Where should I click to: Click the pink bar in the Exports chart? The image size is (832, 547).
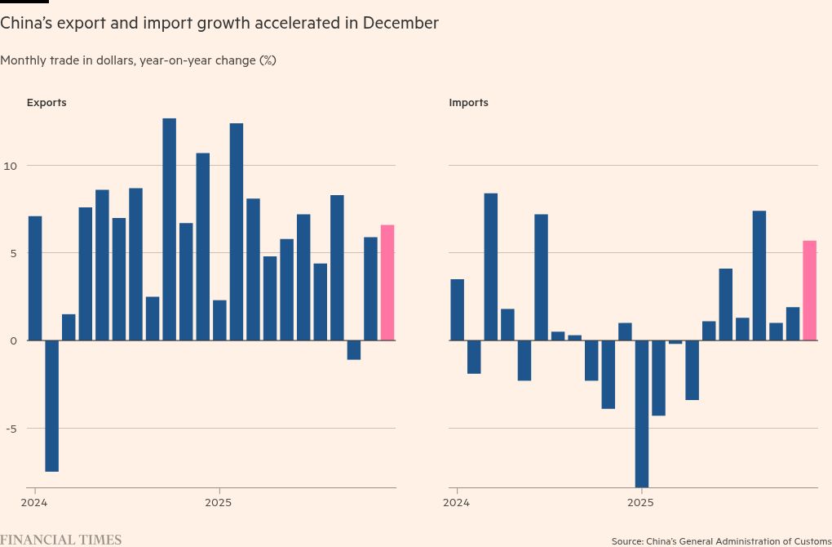[x=387, y=282]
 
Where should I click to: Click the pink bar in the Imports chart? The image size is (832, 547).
[x=809, y=291]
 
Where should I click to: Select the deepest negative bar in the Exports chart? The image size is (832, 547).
[x=51, y=406]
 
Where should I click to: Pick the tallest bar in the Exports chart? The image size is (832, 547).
[x=169, y=229]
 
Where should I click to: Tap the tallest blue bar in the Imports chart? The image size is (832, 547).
[x=490, y=267]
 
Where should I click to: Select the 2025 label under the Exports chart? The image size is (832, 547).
[x=219, y=502]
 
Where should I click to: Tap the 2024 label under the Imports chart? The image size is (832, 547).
[x=456, y=502]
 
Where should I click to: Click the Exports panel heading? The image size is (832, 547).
[x=46, y=103]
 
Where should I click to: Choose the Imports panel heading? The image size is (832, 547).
[x=468, y=103]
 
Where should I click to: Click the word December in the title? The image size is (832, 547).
[x=401, y=24]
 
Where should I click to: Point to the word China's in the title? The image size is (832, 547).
[x=27, y=24]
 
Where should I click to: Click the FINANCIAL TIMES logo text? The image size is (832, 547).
[x=60, y=540]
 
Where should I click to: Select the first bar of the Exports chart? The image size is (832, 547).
[x=35, y=278]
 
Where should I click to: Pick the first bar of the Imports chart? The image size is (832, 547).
[x=457, y=310]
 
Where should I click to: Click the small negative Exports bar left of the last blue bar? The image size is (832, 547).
[x=353, y=350]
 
